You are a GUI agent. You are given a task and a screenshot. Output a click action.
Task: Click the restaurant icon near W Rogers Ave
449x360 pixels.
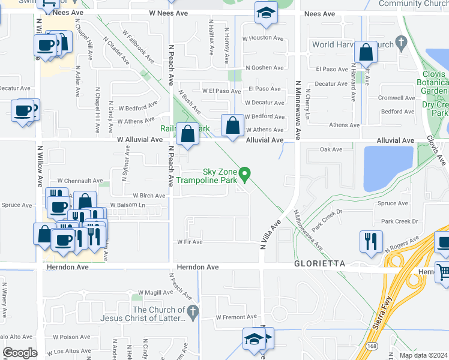click(371, 241)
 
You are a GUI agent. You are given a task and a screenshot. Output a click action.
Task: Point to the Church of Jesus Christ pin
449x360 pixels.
click(192, 311)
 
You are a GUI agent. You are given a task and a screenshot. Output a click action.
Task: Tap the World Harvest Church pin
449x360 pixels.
click(403, 41)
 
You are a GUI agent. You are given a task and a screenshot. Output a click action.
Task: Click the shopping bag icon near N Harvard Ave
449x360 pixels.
click(366, 52)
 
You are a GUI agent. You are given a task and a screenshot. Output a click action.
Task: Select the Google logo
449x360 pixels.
click(20, 353)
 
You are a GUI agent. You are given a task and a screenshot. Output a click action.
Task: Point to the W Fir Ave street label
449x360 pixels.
click(190, 242)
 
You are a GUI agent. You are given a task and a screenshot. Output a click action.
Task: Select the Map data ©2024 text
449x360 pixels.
click(423, 355)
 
